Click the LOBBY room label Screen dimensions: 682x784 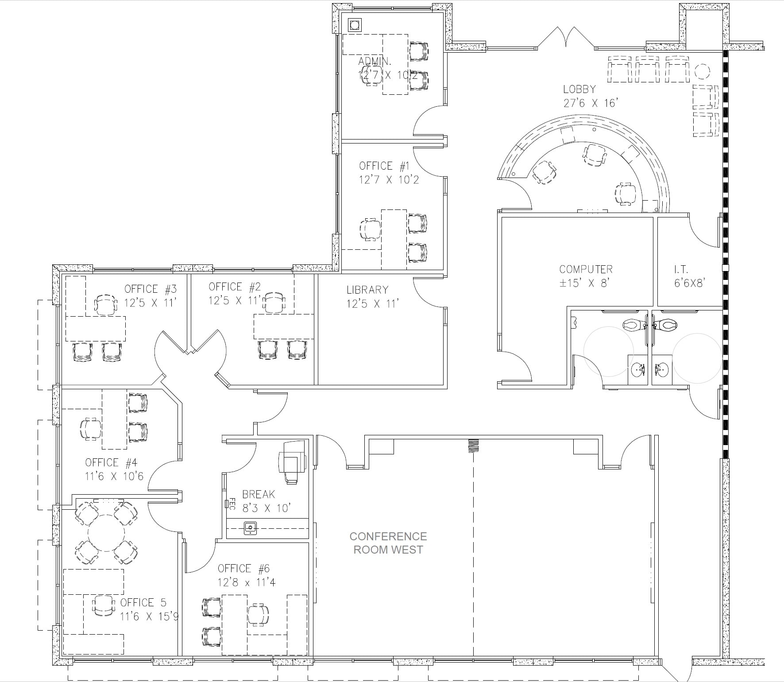click(x=579, y=89)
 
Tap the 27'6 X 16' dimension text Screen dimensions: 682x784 click(x=591, y=103)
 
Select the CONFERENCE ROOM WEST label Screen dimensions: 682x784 click(x=388, y=543)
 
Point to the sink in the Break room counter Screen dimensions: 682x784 click(x=250, y=528)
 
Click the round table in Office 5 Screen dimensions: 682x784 click(x=106, y=533)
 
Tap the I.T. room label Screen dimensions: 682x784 click(x=681, y=269)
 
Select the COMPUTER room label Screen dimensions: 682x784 click(x=586, y=269)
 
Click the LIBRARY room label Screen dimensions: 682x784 click(x=367, y=290)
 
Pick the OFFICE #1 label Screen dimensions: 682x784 click(x=384, y=166)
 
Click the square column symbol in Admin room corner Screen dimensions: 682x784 click(x=355, y=24)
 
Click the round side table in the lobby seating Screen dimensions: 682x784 click(x=702, y=71)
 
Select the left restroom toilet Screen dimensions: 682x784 click(x=633, y=325)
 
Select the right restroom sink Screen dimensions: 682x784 click(x=661, y=368)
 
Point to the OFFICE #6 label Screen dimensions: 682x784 click(x=243, y=569)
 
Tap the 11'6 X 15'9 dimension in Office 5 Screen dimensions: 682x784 click(x=149, y=616)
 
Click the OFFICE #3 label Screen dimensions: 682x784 click(x=151, y=289)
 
